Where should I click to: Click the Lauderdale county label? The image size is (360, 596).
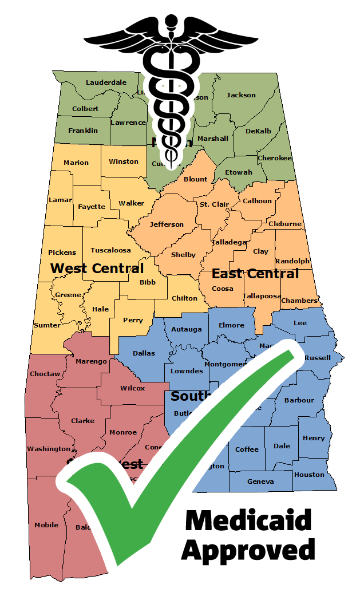coord(106,82)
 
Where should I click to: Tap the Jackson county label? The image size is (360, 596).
coord(241,95)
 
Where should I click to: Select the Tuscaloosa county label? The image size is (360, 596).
coord(110,250)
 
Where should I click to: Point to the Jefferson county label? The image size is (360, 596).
coord(167,224)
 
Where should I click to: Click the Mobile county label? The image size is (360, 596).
coord(46,525)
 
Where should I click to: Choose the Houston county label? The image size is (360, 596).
coord(309,475)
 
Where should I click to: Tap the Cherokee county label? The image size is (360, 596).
coord(275,158)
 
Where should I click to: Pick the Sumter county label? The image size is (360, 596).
coord(47,325)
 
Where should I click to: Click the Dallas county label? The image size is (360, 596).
coord(144,353)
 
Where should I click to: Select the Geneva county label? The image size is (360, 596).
coord(260,481)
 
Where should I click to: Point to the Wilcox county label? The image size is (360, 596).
coord(132,388)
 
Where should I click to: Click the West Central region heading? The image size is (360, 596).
coord(97,268)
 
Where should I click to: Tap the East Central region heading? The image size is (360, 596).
coord(255,274)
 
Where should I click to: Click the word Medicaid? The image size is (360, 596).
coord(248,520)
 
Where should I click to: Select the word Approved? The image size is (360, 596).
coord(248,550)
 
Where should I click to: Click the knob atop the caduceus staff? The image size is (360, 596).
coord(170,22)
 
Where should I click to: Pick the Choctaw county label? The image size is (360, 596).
coord(45,374)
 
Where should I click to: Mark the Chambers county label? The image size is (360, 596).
coord(299,301)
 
